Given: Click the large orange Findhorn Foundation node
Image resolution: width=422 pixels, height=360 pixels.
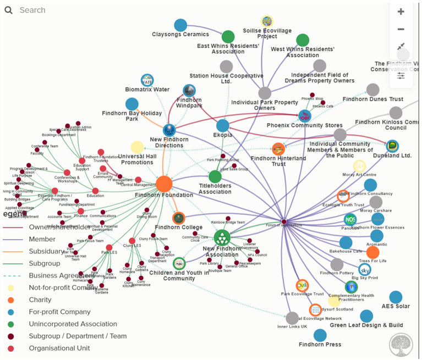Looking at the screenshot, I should [164, 184].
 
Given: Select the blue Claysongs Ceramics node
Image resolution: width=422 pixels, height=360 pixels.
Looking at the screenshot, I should [180, 25].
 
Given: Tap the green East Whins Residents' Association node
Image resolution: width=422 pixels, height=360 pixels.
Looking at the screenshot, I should [228, 37].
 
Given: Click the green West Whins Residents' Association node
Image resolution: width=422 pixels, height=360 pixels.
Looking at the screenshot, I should [303, 40].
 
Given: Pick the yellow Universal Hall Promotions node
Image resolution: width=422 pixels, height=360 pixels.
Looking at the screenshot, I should [137, 147].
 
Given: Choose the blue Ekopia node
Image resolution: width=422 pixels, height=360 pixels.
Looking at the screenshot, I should [222, 126].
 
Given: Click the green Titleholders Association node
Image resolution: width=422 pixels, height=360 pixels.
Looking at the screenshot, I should [215, 176].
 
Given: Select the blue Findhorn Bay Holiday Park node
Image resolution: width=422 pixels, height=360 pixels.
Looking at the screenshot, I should [131, 104].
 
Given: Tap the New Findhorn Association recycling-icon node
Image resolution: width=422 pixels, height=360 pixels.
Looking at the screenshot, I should [222, 237].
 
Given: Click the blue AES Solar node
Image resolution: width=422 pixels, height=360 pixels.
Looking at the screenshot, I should [396, 297].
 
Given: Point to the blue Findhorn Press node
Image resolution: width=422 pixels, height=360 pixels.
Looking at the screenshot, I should [320, 335].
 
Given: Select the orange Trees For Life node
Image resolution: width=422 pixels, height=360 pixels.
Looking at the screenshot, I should [372, 252].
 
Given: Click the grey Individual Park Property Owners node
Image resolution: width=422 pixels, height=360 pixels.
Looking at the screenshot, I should [265, 93].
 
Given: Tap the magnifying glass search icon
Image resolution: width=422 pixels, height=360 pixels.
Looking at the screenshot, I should [9, 10].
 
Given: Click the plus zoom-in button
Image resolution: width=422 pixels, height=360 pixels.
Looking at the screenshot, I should [401, 12].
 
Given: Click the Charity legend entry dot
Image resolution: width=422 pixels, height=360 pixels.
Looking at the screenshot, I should [10, 300].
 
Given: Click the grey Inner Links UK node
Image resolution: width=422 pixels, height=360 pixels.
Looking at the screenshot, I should [292, 318].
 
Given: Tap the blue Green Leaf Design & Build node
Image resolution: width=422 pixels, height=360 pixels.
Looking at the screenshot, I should [366, 316].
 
